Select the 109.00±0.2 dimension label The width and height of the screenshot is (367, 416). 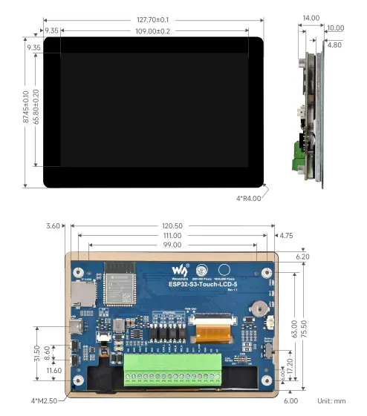coord(152,31)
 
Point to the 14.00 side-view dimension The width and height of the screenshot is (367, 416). coord(311,18)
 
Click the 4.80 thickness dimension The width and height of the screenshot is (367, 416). coord(334,44)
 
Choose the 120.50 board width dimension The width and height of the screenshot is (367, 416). coord(172,226)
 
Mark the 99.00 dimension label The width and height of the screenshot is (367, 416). coord(172,245)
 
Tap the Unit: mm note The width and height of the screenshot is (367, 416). coord(331,401)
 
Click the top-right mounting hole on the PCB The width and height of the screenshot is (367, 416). coord(265,273)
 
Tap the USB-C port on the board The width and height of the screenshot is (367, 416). coord(78,326)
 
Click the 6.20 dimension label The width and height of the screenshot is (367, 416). coord(302,257)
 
